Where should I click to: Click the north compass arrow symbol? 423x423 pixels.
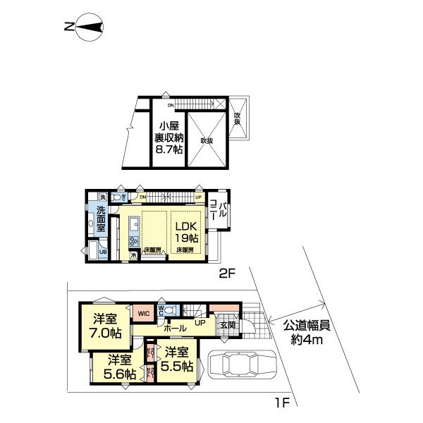pyautogui.click(x=85, y=27)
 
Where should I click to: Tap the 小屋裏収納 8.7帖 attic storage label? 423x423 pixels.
pyautogui.click(x=169, y=134)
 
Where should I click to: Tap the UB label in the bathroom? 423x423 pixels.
pyautogui.click(x=102, y=252)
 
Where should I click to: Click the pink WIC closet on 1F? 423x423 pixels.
pyautogui.click(x=144, y=313)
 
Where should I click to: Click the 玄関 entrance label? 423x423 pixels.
pyautogui.click(x=227, y=325)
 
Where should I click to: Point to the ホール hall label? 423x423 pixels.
pyautogui.click(x=175, y=329)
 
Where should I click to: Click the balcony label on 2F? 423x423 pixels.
pyautogui.click(x=219, y=210)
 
